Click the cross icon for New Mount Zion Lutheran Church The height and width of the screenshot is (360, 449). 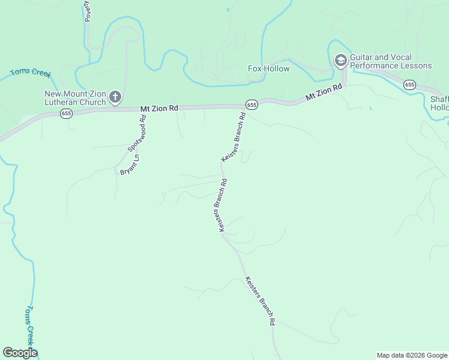click(115, 97)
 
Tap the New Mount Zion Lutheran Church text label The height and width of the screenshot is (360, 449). click(76, 97)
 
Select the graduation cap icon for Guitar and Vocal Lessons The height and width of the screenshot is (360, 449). click(340, 61)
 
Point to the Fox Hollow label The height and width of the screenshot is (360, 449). click(269, 68)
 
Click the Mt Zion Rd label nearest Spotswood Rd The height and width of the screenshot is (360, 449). click(160, 108)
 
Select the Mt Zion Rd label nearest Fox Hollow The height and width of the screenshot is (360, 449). click(324, 92)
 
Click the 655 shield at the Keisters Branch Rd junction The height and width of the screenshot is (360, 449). click(252, 104)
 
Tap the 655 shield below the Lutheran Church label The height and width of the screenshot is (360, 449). click(67, 113)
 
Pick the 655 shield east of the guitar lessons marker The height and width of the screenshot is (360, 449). click(410, 85)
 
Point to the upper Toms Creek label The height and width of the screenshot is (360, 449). click(30, 73)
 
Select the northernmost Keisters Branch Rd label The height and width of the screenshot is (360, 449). click(234, 137)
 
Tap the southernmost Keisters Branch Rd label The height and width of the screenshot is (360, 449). click(259, 301)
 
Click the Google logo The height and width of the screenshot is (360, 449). click(20, 353)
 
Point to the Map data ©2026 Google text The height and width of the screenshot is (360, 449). click(412, 355)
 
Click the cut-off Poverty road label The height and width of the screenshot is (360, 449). click(87, 11)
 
